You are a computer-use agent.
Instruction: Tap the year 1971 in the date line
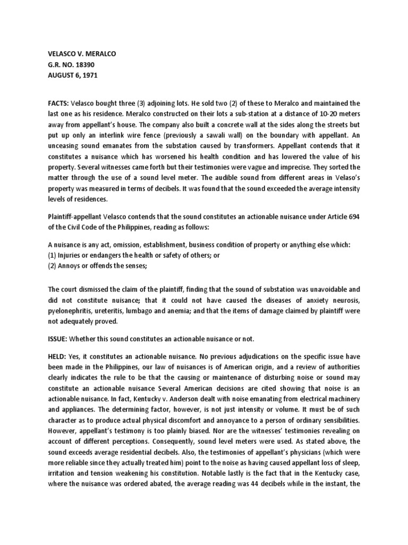[87, 75]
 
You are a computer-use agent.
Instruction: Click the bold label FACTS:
[59, 103]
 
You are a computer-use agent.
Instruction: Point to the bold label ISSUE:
[59, 338]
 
